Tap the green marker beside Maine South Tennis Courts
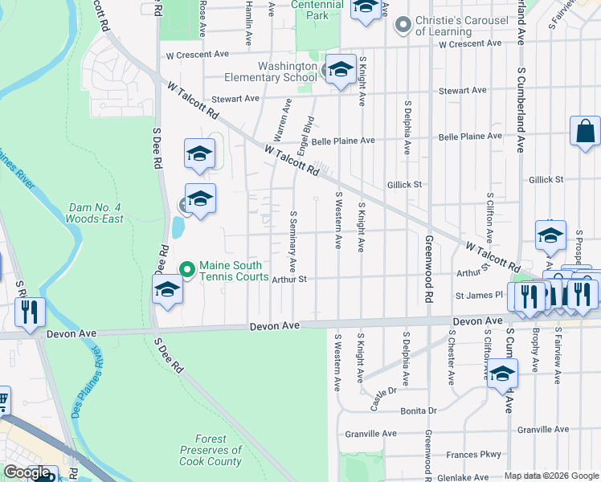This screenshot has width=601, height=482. tap(187, 269)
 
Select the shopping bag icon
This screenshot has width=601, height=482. tap(585, 131)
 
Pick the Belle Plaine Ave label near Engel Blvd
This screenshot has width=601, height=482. tap(343, 141)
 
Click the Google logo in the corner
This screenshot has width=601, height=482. tap(27, 472)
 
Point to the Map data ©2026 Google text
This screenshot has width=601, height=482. tap(551, 476)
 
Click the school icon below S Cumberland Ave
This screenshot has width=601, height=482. tap(503, 374)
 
